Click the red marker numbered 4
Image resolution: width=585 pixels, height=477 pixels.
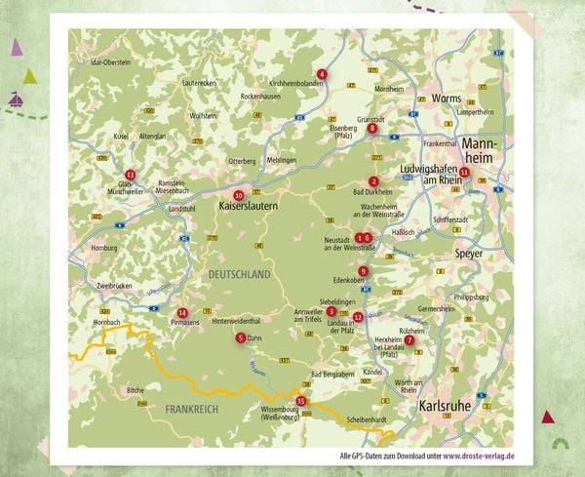tap(322, 74)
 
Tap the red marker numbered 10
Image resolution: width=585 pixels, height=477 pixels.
tap(239, 195)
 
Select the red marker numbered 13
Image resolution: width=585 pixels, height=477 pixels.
tap(130, 174)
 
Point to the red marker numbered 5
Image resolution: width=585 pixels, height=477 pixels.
tap(240, 338)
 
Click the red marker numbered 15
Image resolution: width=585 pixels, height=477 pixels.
tap(300, 401)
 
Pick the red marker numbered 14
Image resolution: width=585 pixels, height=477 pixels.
tap(182, 311)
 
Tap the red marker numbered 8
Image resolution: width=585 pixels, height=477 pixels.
tap(372, 127)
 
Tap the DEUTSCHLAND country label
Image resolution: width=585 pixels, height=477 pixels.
tap(239, 276)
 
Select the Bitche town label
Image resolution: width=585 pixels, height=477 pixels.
tap(135, 389)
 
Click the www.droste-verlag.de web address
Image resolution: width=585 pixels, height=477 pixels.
tap(479, 456)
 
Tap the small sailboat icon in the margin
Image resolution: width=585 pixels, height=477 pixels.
tap(17, 99)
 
